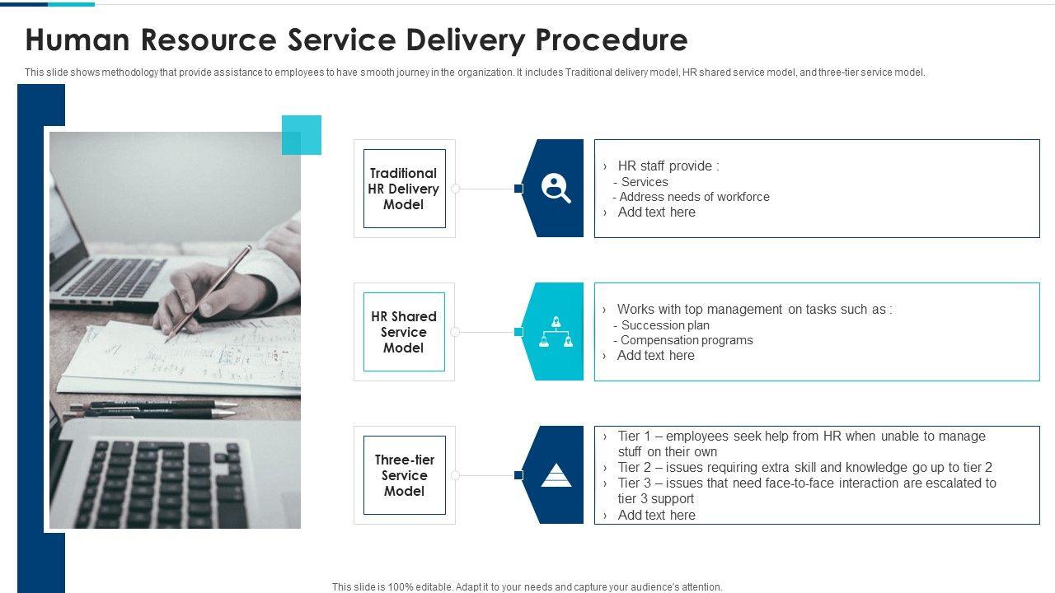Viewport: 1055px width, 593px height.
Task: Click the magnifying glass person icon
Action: point(556,189)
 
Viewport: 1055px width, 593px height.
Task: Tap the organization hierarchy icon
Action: point(556,331)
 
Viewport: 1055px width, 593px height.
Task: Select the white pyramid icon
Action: point(556,475)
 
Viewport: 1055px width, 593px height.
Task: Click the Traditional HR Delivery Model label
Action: point(404,189)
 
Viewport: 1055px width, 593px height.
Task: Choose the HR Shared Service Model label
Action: point(404,332)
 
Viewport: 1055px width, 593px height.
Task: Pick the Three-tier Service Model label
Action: point(404,475)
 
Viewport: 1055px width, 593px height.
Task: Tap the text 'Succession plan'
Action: point(665,325)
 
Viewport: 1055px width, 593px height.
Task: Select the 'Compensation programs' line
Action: point(687,340)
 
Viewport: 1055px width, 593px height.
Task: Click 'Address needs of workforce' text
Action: point(694,197)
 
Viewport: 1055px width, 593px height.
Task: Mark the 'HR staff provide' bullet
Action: point(668,166)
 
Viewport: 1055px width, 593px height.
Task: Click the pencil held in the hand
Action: point(208,292)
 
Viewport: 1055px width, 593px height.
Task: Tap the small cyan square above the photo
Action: point(302,135)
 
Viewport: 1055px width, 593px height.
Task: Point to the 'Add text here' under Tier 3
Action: point(656,515)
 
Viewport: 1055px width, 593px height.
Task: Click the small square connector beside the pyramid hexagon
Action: point(518,475)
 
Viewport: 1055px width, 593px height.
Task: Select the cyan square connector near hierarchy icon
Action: point(518,332)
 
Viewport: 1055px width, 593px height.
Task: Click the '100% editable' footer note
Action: point(527,587)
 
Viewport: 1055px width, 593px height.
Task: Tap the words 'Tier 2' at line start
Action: point(635,467)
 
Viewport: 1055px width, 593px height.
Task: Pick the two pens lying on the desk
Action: point(152,409)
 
